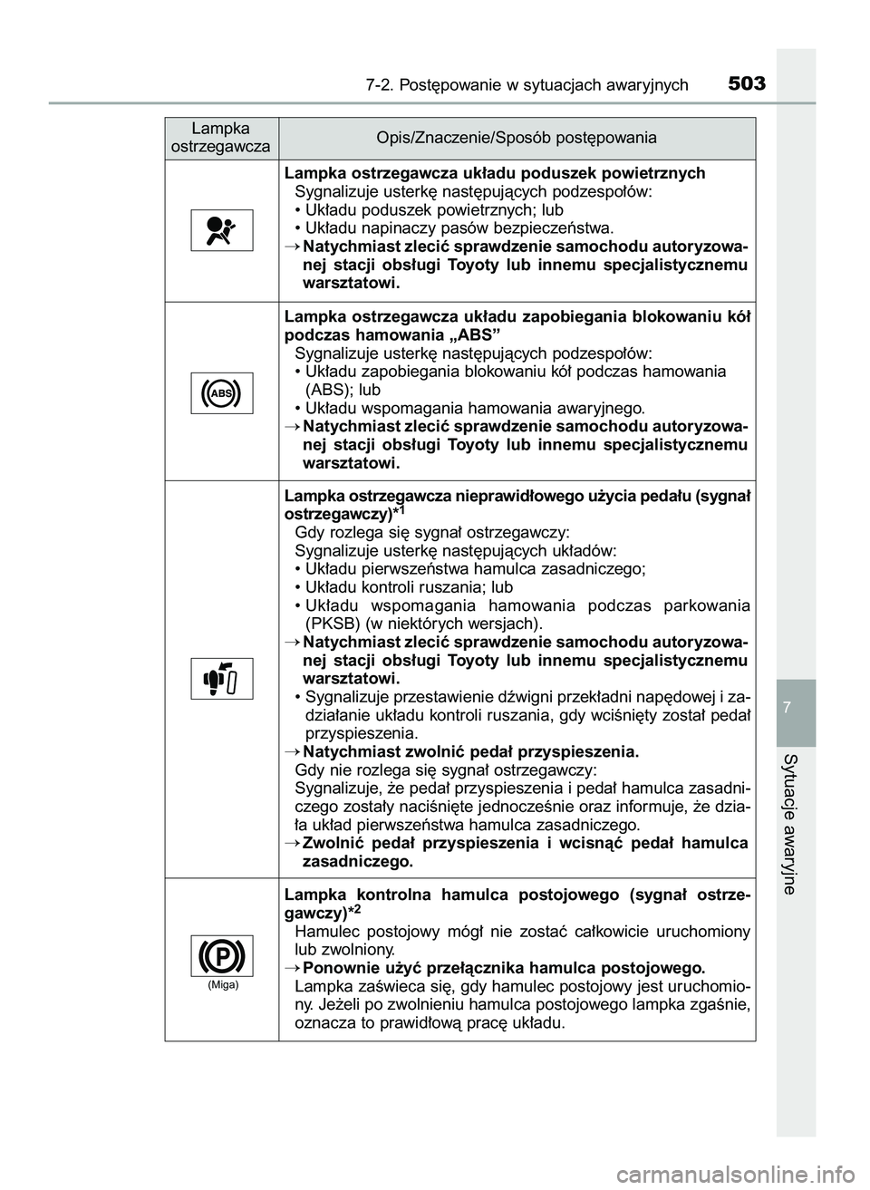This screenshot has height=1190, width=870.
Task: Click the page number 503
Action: pyautogui.click(x=747, y=84)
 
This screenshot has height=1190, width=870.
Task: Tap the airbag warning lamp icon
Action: pyautogui.click(x=221, y=228)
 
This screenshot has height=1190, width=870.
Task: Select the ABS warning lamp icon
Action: pyautogui.click(x=221, y=392)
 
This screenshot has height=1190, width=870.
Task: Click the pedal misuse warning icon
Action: pyautogui.click(x=221, y=678)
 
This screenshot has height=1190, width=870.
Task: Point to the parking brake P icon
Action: pyautogui.click(x=221, y=956)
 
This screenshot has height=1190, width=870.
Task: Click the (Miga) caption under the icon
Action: pyautogui.click(x=221, y=984)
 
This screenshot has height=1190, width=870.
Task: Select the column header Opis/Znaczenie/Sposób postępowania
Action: pyautogui.click(x=517, y=138)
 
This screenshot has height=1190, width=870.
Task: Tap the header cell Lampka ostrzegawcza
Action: pyautogui.click(x=221, y=138)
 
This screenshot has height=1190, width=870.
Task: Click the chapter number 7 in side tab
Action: pyautogui.click(x=796, y=706)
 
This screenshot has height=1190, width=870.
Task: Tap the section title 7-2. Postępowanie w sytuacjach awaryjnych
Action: pyautogui.click(x=527, y=86)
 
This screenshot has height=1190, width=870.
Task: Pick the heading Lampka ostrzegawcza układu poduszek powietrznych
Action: pyautogui.click(x=495, y=173)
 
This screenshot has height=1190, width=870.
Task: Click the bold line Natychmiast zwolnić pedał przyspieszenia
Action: pyautogui.click(x=470, y=751)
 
